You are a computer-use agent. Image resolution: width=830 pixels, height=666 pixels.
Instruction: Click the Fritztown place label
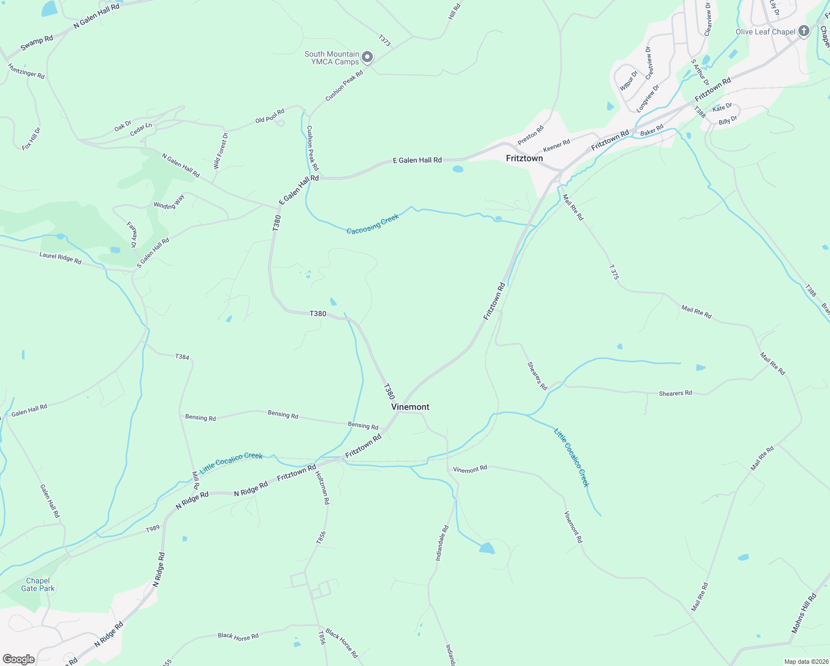pos(524,158)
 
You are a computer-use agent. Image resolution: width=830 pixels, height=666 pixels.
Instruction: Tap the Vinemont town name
pos(410,407)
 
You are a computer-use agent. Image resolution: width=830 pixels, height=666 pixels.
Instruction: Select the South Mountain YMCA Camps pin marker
pos(367,57)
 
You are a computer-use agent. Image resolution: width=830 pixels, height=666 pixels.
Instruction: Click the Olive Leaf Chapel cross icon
pos(804,32)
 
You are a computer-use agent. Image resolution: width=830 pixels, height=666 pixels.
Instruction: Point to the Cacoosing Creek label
pos(372,224)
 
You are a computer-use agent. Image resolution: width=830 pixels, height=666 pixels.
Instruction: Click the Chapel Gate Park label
pos(38,584)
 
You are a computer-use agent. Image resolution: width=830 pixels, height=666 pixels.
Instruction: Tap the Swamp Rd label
pos(37,43)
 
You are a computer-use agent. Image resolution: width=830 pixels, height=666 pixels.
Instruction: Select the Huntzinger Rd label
pos(26,70)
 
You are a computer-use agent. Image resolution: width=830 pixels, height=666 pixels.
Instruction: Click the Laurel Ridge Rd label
pos(60,258)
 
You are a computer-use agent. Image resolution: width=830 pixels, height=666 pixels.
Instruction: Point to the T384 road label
pos(182,357)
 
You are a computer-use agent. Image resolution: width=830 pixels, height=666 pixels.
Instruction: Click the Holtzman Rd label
pos(322,488)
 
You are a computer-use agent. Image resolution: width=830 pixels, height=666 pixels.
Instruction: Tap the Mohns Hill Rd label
pos(804,613)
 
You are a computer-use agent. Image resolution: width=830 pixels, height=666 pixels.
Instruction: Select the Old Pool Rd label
pos(270,116)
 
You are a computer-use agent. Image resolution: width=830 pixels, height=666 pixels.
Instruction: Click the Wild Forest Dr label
pos(220,150)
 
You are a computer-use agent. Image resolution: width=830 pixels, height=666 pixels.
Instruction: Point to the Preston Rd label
pos(530,135)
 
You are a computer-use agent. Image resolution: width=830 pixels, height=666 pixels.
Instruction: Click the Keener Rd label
pos(556,146)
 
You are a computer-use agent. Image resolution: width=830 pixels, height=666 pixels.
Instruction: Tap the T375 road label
pos(613,271)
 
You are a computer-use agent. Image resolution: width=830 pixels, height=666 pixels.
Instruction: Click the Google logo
pos(18,659)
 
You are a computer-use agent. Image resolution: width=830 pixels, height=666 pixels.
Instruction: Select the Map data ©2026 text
pos(806,662)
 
